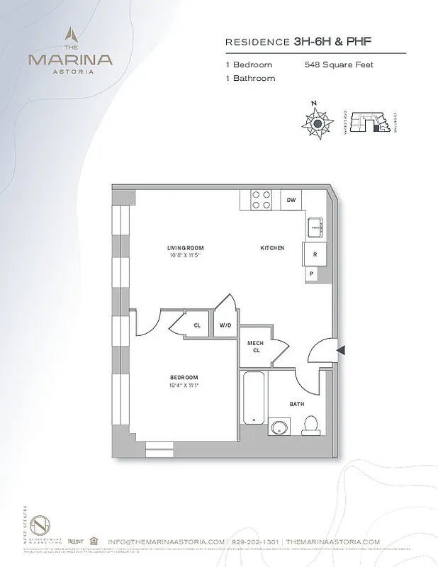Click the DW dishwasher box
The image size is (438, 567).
pos(291,201)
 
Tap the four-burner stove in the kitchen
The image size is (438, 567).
pos(260,200)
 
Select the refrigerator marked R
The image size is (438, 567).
pos(313,254)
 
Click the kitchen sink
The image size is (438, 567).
pos(315,228)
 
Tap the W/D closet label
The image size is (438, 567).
pos(225,325)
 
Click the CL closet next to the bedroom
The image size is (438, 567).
pos(196,325)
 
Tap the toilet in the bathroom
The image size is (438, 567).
pos(310,425)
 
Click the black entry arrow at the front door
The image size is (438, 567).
pos(341,350)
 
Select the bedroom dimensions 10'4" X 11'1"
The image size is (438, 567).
pos(183,386)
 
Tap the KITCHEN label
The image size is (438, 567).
pos(272,248)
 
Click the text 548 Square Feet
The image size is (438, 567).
pos(339,65)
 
